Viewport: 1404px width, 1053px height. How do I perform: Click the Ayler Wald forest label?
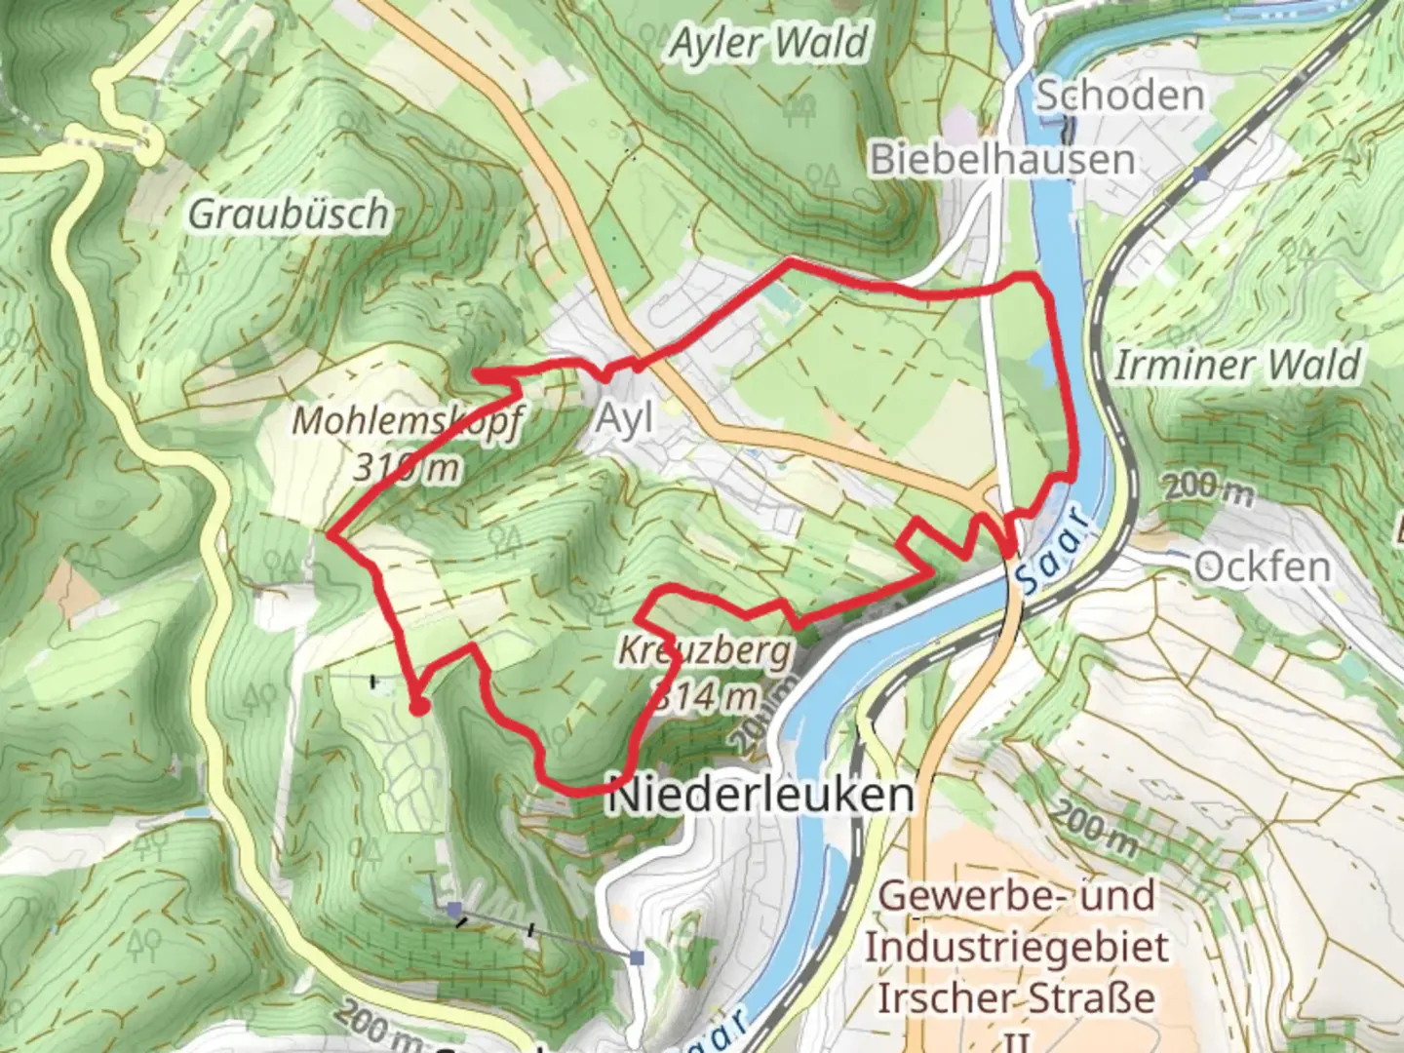coord(768,44)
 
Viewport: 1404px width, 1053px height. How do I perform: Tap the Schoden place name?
coord(1118,96)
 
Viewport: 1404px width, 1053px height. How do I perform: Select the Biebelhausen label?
coord(1002,159)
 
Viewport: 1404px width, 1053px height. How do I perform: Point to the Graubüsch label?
coord(288,214)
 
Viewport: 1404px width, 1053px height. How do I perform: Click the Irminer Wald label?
coord(1236,366)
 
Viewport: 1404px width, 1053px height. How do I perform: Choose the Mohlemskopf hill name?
coord(408,421)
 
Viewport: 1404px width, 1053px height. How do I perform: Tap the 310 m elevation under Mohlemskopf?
coord(406,468)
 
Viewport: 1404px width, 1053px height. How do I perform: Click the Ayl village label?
coord(624,418)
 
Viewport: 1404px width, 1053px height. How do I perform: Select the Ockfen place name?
coord(1262,566)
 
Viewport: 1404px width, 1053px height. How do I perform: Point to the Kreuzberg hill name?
coord(705,650)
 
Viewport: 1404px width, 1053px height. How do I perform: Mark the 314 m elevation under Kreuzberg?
coord(705,696)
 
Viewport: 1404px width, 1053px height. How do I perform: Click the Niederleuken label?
coord(761,796)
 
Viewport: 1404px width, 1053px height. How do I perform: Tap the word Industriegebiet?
coord(1016,947)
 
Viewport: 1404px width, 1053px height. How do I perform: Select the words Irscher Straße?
coord(1016,997)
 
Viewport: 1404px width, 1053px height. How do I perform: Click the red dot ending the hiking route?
coord(418,707)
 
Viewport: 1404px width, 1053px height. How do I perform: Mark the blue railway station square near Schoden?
coord(1200,174)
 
